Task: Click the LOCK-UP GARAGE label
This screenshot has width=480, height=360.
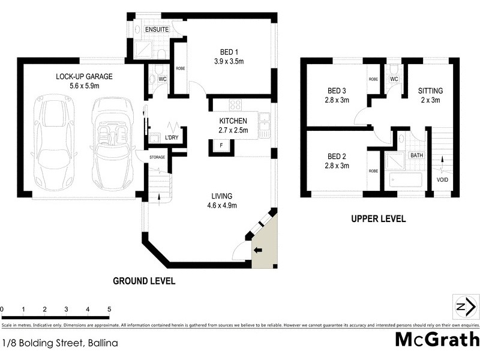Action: [85, 77]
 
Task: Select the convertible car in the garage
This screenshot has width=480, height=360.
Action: [110, 142]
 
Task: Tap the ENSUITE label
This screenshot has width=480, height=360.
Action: [148, 29]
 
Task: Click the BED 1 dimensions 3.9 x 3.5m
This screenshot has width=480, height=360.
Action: [227, 61]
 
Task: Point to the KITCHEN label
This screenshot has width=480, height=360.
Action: [233, 121]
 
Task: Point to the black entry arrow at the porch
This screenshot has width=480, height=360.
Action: [259, 250]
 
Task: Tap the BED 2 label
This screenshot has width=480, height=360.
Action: [335, 156]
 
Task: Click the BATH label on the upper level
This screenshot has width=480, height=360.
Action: [416, 155]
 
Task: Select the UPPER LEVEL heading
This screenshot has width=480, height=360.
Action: [378, 219]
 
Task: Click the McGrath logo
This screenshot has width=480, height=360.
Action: [436, 339]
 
